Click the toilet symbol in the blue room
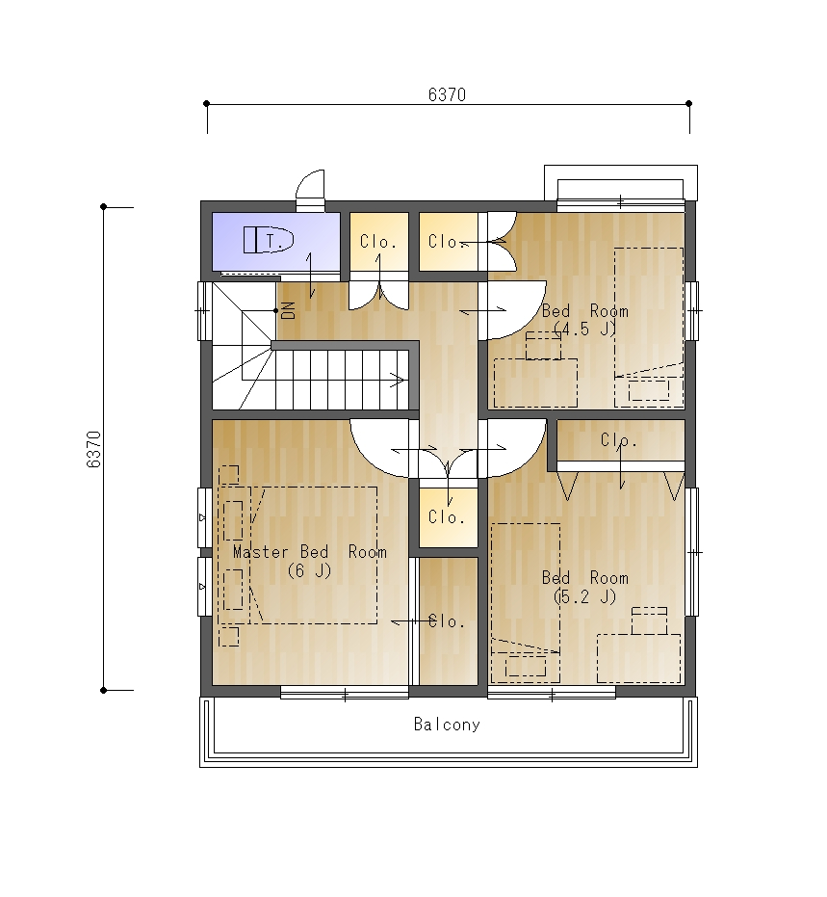coord(269,239)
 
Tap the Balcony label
coord(447,725)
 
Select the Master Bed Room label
coord(310,552)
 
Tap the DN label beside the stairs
coord(289,310)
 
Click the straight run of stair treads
coord(342,380)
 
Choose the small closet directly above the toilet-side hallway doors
coord(379,242)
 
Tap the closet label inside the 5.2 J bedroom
coord(618,440)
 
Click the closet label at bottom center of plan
coord(447,621)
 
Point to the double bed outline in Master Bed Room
coord(313,555)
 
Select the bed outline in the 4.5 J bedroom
coord(649,328)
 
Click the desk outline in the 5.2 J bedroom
coord(638,658)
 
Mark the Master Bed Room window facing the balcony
coord(345,694)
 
